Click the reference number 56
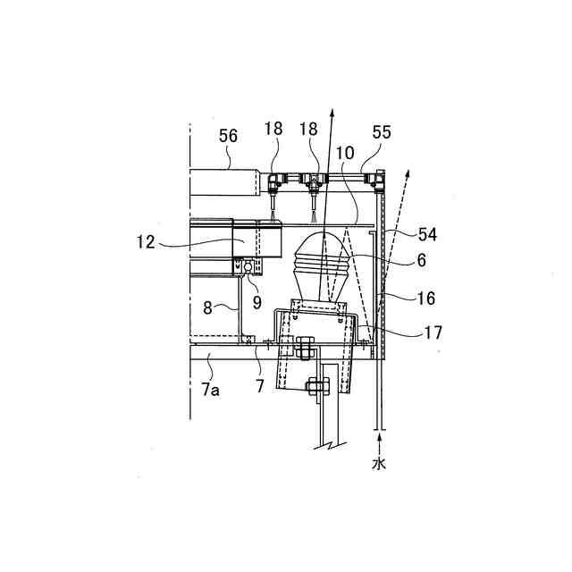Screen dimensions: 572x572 coord(228,136)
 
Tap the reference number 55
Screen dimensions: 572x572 coord(382,132)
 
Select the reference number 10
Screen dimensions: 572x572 coord(345,153)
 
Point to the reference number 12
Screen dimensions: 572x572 coord(146,242)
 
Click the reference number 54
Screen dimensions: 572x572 coord(427,234)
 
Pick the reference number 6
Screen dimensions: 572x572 coord(421,260)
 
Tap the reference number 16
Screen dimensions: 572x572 coord(425,299)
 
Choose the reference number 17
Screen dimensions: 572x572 coord(433,332)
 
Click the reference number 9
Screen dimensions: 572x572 coord(257,302)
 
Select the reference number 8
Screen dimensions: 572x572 coord(207,307)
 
